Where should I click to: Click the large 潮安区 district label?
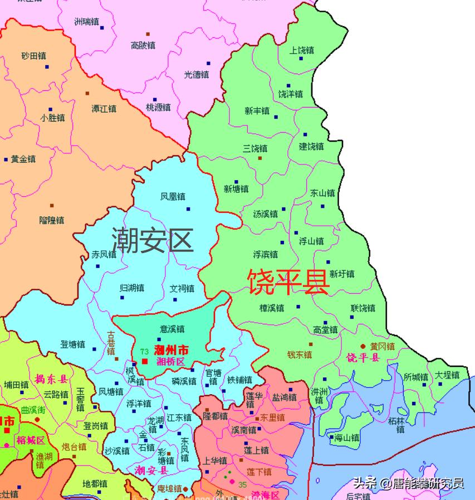[x=153, y=240]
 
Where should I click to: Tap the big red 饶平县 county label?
[x=288, y=282]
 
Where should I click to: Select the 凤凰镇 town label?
[x=173, y=197]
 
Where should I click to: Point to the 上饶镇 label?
[x=302, y=50]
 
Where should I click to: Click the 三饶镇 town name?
[x=255, y=148]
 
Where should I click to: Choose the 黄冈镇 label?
[x=382, y=346]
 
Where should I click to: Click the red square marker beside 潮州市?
[x=145, y=361]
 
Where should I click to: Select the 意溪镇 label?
[x=172, y=329]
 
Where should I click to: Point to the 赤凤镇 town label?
[x=104, y=255]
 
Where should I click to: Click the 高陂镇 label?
[x=143, y=46]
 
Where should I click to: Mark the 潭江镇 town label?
[x=104, y=108]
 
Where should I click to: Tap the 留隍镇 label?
[x=52, y=220]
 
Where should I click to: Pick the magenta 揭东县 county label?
[x=51, y=380]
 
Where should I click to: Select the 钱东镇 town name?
[x=300, y=354]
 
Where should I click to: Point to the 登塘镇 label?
[x=73, y=344]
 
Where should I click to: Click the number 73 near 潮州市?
[x=144, y=351]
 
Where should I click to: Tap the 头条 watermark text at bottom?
[x=365, y=483]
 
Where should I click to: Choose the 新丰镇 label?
[x=257, y=111]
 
